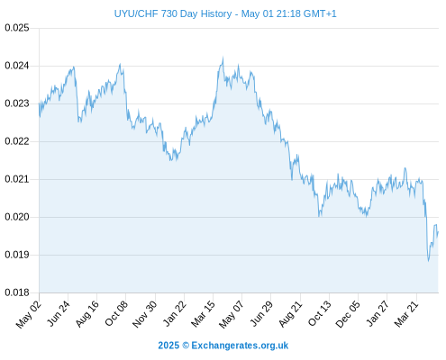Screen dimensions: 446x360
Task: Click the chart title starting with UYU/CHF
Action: click(225, 13)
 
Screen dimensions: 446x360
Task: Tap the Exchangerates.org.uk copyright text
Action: click(223, 346)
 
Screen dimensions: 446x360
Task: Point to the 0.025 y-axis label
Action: click(17, 28)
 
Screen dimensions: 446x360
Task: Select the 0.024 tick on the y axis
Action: click(17, 66)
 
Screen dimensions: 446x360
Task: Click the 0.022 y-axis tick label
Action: click(17, 141)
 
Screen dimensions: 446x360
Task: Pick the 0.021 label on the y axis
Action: click(17, 179)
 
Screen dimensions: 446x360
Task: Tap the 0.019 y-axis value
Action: click(17, 255)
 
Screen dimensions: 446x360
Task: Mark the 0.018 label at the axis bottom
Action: click(17, 292)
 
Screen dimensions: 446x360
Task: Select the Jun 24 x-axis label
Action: click(59, 313)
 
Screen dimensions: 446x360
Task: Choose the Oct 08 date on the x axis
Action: click(116, 313)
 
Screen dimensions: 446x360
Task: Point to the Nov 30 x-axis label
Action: click(144, 314)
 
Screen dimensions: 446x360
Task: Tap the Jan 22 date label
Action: click(175, 313)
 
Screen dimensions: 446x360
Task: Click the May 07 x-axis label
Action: click(232, 314)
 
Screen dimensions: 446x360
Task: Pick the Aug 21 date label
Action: click(290, 314)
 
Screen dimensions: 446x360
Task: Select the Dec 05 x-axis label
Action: click(348, 314)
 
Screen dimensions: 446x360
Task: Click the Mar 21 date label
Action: click(406, 314)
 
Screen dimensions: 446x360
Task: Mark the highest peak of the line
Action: click(223, 57)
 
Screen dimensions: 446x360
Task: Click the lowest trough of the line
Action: click(428, 261)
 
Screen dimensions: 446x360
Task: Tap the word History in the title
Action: click(216, 13)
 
